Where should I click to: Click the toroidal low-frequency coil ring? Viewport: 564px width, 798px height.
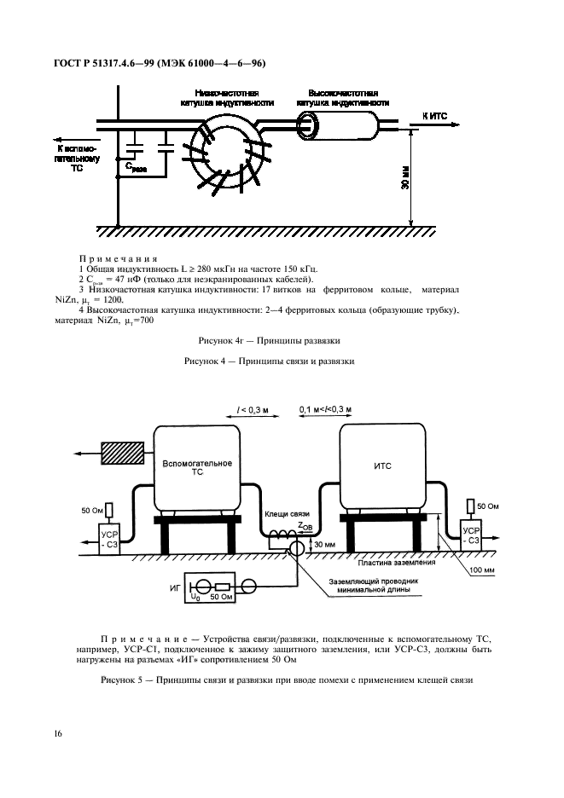point(194,154)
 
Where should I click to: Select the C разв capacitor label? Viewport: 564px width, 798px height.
point(137,167)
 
